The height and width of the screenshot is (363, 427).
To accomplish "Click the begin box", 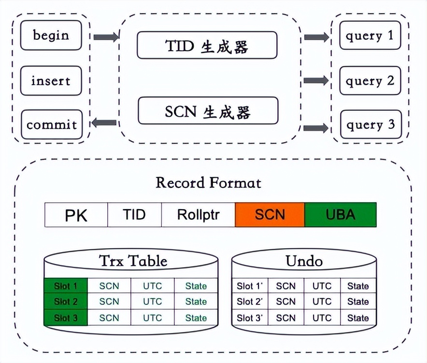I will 51,35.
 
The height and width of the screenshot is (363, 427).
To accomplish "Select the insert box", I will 51,80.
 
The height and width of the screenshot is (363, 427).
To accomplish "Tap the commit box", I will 52,125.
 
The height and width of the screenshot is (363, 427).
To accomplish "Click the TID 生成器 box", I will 207,46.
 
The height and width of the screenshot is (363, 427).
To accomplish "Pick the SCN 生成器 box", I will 208,111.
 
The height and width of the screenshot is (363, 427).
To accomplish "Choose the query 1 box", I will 370,35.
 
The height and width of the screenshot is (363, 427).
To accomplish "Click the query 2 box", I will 370,80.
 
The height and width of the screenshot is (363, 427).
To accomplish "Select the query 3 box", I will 370,125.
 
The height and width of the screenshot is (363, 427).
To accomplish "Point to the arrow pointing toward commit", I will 104,123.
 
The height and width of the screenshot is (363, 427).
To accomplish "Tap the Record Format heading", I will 208,182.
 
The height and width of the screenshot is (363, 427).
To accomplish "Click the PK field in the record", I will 76,215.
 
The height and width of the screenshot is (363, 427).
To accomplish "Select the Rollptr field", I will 198,215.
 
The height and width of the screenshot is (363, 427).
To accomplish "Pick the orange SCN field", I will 270,215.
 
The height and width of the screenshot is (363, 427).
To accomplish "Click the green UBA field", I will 340,215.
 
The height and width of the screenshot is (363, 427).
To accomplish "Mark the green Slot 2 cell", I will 66,302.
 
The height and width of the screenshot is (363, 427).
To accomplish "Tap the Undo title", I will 304,261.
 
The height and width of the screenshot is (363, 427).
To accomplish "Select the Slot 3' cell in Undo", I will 249,318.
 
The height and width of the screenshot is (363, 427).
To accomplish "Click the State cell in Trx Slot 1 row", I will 196,286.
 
